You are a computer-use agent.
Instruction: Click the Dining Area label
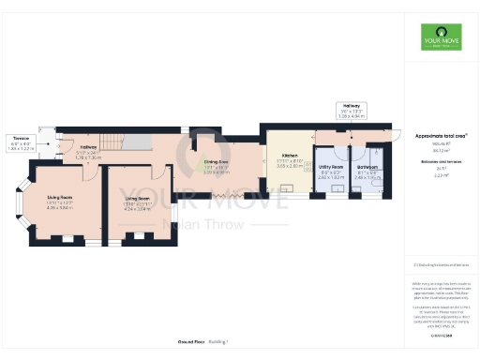click(217, 167)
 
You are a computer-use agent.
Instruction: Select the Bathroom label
click(367, 173)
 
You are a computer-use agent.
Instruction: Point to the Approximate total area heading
click(441, 135)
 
